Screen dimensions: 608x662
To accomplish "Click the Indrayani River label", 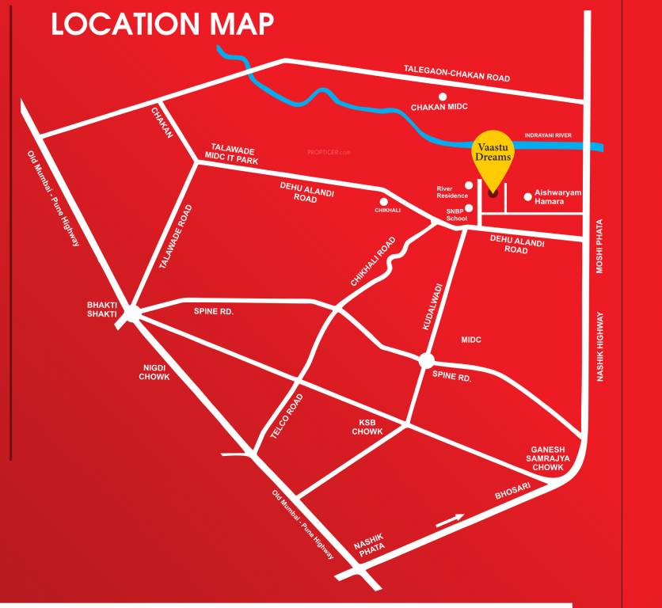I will (547, 135).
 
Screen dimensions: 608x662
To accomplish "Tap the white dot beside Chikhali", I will (384, 201).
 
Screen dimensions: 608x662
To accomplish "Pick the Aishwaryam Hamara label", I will (558, 197).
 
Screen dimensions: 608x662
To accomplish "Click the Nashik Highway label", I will (601, 347).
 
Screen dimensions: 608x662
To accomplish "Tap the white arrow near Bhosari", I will (450, 519).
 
